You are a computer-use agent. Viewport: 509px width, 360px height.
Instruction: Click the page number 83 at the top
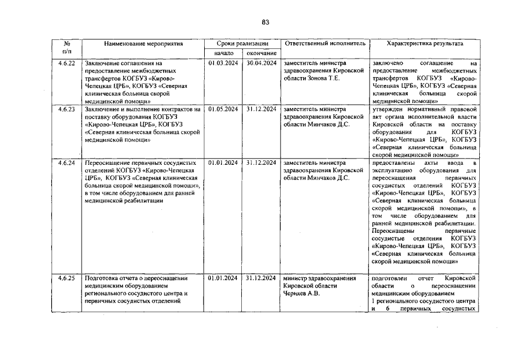(x=265, y=22)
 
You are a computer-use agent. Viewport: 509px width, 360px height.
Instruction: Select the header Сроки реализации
(x=241, y=43)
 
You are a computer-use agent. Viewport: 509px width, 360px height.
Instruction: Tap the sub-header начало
(x=223, y=53)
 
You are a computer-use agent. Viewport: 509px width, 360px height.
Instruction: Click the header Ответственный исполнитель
(x=325, y=43)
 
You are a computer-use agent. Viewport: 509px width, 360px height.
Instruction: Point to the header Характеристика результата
(x=425, y=43)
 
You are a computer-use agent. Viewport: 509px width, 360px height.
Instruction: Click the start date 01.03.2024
(x=224, y=64)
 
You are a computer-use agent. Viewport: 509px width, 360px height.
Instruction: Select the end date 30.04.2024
(x=261, y=64)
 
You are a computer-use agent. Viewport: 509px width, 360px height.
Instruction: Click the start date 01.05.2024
(x=224, y=109)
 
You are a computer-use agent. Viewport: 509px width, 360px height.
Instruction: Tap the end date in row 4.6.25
(x=261, y=278)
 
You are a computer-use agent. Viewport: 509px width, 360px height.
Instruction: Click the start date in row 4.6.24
(x=224, y=163)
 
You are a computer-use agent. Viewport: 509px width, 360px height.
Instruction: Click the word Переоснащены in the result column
(x=394, y=231)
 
